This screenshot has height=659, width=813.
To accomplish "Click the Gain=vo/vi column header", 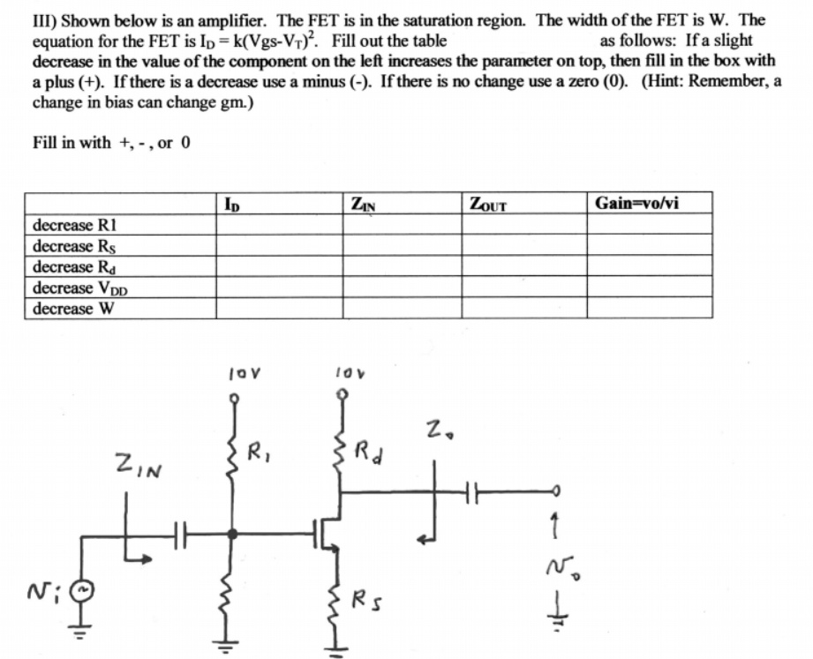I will click(x=636, y=204).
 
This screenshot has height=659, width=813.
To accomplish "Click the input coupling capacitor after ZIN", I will click(x=180, y=533).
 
